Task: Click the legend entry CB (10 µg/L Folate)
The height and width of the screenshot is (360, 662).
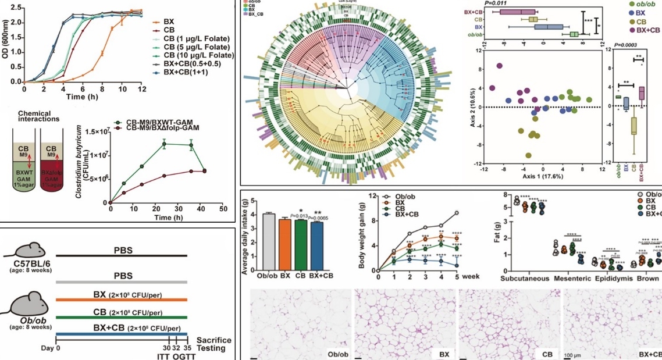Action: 192,55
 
